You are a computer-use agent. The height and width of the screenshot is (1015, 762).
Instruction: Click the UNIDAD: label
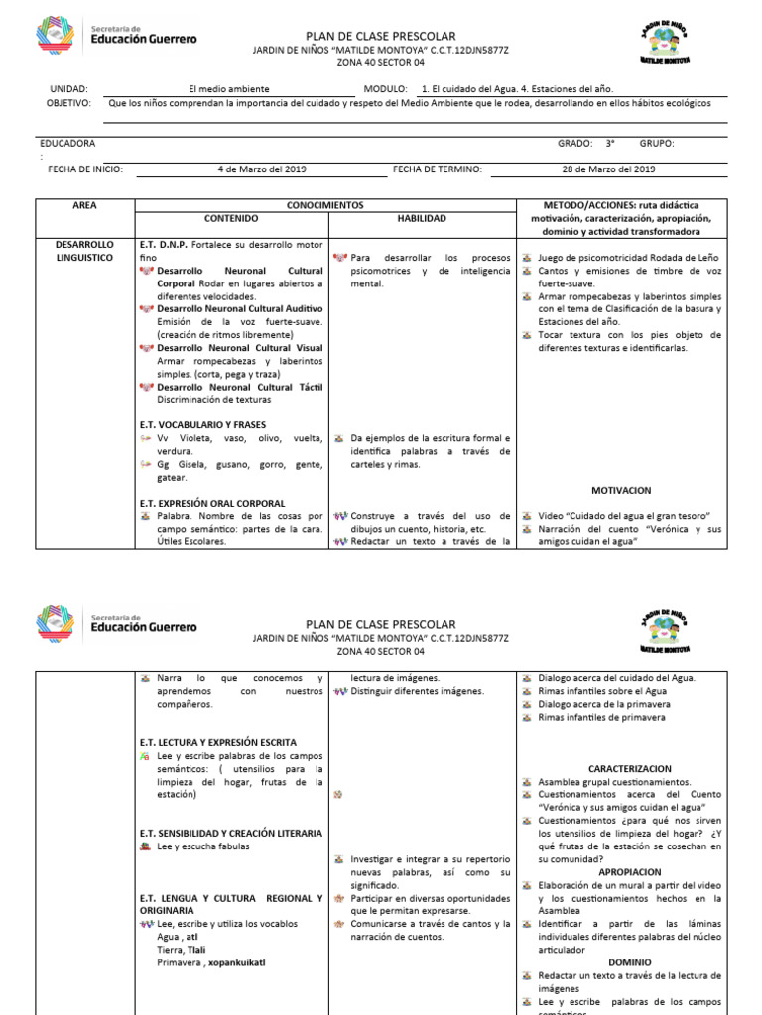tap(68, 88)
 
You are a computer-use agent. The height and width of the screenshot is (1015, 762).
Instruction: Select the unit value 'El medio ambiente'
tap(228, 88)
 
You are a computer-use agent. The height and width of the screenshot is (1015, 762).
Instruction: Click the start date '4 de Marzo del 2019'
tap(262, 169)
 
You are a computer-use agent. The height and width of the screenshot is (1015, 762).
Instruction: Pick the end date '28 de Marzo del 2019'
tap(608, 169)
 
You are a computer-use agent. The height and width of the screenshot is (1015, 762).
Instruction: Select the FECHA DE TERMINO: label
tap(437, 169)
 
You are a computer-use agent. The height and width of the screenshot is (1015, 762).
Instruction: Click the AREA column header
tap(84, 204)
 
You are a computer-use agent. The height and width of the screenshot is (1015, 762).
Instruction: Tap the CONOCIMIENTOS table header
tap(325, 204)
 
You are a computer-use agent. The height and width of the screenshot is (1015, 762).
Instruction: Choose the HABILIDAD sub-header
tap(422, 218)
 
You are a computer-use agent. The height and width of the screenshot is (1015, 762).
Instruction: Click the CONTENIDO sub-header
tap(230, 218)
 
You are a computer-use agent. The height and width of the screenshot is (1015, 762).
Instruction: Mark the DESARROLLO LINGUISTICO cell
tap(84, 250)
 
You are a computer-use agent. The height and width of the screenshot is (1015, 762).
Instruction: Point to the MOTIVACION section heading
tap(621, 490)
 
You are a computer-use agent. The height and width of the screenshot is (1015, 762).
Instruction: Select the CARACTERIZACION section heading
tap(629, 768)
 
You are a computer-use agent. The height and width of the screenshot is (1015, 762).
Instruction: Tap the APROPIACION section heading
tap(630, 872)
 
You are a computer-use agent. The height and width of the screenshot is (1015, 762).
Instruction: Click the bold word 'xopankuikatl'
tap(237, 962)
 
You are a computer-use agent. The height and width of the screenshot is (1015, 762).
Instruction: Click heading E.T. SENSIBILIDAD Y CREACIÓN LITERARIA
tap(231, 833)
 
